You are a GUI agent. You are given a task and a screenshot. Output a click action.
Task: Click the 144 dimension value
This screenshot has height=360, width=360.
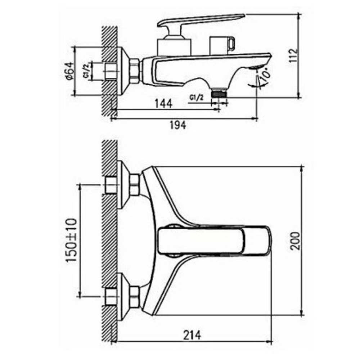[163, 104]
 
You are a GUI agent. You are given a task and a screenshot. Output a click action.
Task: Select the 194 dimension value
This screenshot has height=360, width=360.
[178, 125]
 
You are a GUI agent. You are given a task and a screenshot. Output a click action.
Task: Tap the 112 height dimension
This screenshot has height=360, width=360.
[293, 55]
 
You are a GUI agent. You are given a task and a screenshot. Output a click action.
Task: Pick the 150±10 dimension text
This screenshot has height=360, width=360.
[71, 240]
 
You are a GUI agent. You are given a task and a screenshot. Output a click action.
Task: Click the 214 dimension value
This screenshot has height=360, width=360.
[192, 336]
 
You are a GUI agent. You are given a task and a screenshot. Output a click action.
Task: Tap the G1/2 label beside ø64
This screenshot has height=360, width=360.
[86, 71]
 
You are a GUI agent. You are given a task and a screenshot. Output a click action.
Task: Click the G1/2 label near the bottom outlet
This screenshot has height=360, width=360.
[197, 98]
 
